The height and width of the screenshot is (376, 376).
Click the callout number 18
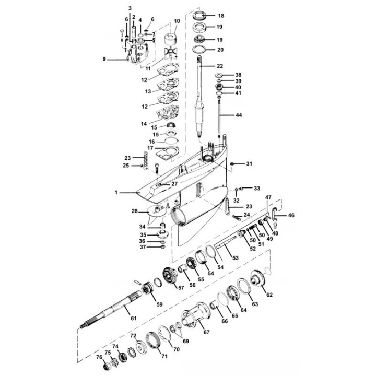pyautogui.click(x=221, y=16)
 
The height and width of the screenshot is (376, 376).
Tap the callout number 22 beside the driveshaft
pyautogui.click(x=220, y=66)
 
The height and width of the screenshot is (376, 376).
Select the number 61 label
pyautogui.click(x=134, y=318)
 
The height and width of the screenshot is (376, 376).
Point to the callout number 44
pyautogui.click(x=239, y=115)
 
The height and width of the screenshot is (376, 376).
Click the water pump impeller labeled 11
pyautogui.click(x=170, y=55)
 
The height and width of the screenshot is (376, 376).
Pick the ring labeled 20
pyautogui.click(x=199, y=50)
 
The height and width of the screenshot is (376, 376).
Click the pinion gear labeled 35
pyautogui.click(x=163, y=234)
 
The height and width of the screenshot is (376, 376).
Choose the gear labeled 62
pyautogui.click(x=257, y=278)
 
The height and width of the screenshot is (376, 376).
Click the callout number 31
pyautogui.click(x=250, y=164)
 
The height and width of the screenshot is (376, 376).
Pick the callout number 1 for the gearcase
pyautogui.click(x=116, y=192)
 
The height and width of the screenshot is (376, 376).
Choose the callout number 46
pyautogui.click(x=291, y=215)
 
